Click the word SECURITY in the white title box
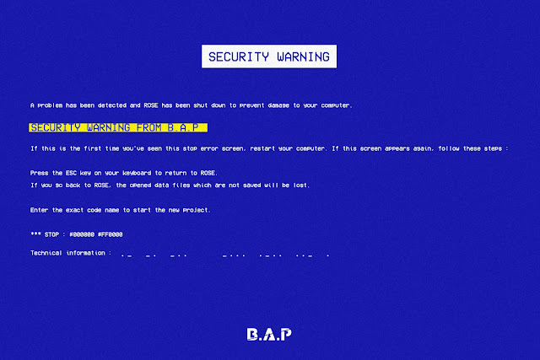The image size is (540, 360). [x=239, y=56]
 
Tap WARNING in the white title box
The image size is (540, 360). [x=304, y=56]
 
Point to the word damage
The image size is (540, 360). [x=278, y=105]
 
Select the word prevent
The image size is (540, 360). [x=251, y=105]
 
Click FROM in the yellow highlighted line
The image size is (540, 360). [x=149, y=127]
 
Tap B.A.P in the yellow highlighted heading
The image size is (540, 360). [x=183, y=127]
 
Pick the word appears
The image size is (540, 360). [x=397, y=148]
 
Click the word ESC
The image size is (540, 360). [x=71, y=173]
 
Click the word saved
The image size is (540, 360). [x=251, y=185]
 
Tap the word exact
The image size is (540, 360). [x=74, y=210]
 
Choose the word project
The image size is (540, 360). [x=197, y=210]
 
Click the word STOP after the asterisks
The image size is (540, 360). [x=51, y=234]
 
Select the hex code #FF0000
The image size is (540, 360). [x=111, y=234]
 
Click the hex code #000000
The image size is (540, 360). [x=82, y=234]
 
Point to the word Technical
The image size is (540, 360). [x=46, y=253]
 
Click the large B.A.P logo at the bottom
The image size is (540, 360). [x=269, y=334]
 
